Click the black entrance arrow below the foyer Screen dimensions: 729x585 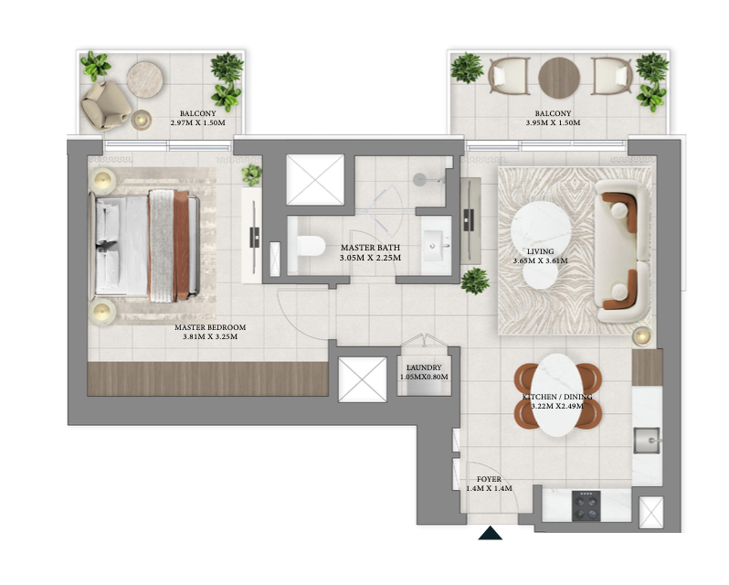[490, 534]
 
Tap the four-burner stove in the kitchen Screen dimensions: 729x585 [586, 506]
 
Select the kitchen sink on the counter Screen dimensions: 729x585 [647, 440]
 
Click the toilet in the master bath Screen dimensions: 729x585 [310, 246]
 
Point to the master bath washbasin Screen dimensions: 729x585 [436, 245]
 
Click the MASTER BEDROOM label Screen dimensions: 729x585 [210, 327]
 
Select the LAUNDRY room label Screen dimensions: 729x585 [424, 367]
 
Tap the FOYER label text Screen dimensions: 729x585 [489, 479]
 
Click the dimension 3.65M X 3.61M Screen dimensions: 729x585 [540, 261]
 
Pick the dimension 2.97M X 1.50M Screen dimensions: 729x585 [198, 122]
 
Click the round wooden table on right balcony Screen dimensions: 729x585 [559, 78]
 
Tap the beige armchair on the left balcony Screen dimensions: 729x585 [106, 105]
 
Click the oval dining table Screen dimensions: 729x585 [558, 395]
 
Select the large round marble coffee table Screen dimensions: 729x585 [541, 229]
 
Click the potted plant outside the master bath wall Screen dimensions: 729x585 [475, 281]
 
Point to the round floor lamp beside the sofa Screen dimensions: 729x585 [642, 335]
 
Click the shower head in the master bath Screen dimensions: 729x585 [420, 180]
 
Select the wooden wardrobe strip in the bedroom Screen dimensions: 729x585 [207, 379]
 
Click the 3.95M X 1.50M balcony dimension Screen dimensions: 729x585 [553, 122]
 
